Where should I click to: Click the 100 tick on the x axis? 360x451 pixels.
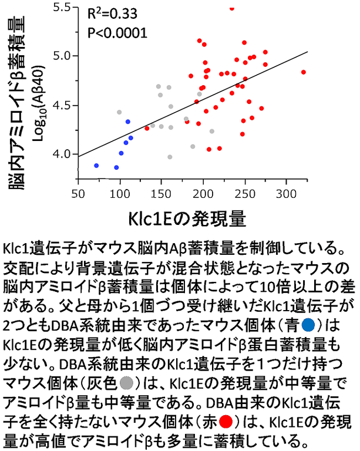click(120, 193)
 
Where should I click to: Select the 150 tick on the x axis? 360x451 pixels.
click(162, 193)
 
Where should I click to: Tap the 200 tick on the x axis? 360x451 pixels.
click(203, 193)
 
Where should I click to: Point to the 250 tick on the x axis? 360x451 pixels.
click(244, 193)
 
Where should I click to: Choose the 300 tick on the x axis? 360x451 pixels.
click(286, 193)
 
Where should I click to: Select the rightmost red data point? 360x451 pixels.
click(304, 72)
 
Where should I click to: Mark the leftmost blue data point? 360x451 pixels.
click(96, 166)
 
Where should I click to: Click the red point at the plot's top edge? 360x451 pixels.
click(232, 8)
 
